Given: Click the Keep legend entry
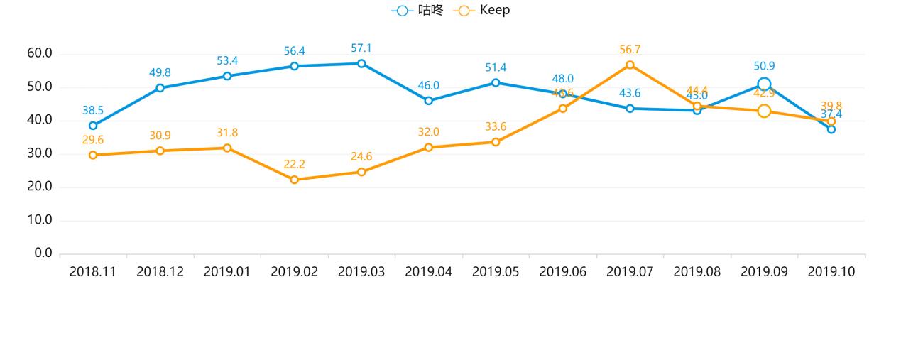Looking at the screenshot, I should [x=483, y=11].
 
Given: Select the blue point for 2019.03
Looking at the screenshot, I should [x=361, y=63].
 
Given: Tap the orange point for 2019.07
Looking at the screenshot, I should [x=630, y=65].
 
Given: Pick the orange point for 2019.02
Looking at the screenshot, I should [x=294, y=180].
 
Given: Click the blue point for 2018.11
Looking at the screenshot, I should [x=93, y=126].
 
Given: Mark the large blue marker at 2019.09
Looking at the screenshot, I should [x=764, y=84].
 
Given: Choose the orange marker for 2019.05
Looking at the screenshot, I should [x=496, y=142].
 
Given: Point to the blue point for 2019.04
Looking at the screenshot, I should [x=428, y=101].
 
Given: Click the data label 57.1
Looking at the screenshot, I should [x=361, y=48].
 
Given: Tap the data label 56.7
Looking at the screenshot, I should [x=630, y=50].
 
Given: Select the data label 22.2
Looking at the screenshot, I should [x=294, y=165].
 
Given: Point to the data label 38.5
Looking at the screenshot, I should [x=93, y=111].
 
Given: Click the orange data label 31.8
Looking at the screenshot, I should [x=227, y=133].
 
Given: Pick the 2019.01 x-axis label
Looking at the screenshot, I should [x=227, y=272].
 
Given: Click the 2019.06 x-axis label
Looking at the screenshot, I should [x=563, y=272].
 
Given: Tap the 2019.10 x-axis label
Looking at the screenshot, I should [x=831, y=272].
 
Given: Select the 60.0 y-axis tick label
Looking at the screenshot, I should [x=38, y=54].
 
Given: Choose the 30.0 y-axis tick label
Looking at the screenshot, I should [x=38, y=154].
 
